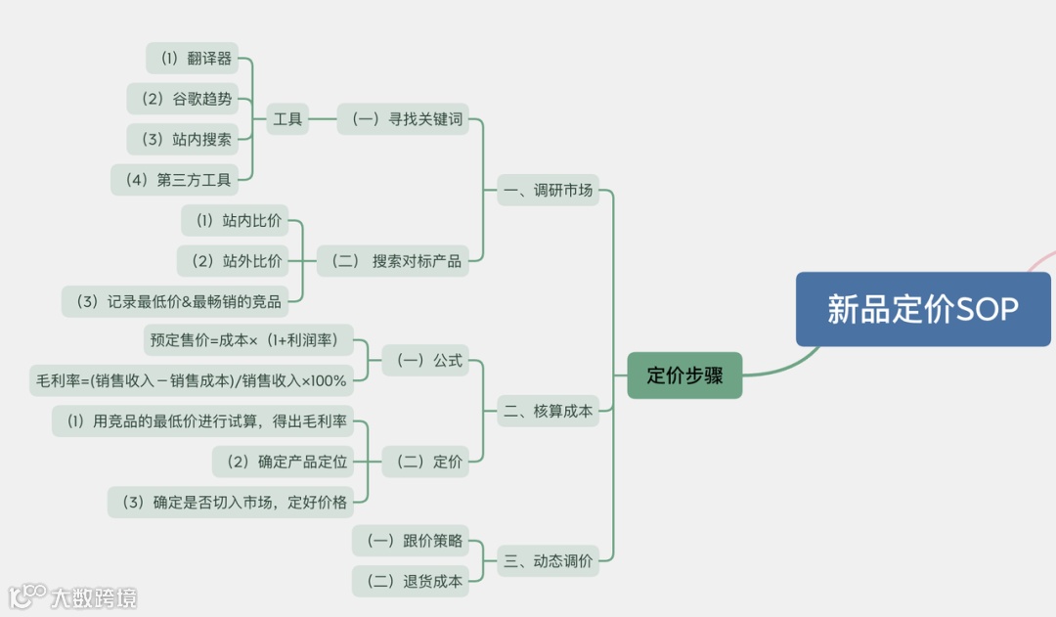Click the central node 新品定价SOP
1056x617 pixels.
923,309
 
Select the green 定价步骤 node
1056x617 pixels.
684,375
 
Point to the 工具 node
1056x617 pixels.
287,119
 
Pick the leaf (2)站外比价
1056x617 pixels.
236,261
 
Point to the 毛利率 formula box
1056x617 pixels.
193,380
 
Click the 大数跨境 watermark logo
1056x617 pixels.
73,595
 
